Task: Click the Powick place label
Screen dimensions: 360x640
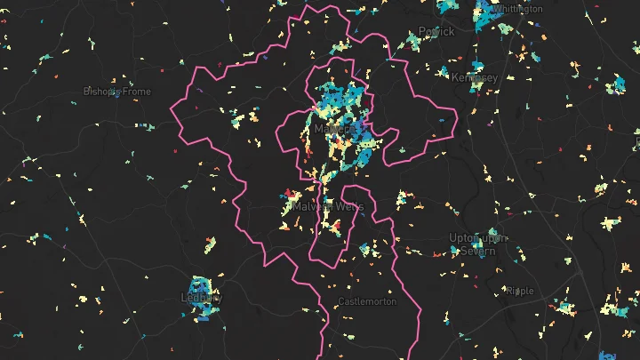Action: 436,31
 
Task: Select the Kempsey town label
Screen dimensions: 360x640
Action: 475,77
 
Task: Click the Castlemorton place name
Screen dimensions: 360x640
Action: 367,301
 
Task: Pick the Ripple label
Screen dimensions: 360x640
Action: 520,291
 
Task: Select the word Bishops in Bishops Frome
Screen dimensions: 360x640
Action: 101,91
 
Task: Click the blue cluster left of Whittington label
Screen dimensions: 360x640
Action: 485,14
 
